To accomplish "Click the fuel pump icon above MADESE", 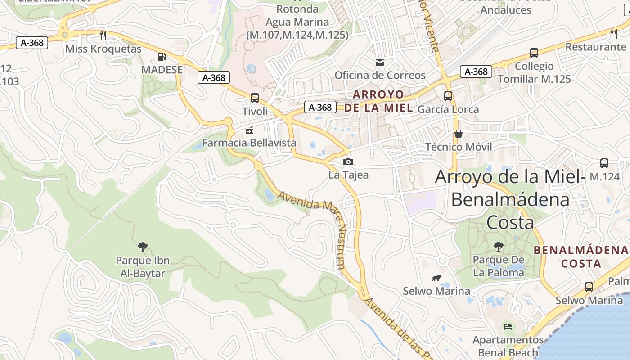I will pyautogui.click(x=162, y=57).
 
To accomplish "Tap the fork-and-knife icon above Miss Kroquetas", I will pyautogui.click(x=103, y=36).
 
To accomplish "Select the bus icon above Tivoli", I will pyautogui.click(x=255, y=98).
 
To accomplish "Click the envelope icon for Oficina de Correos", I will pyautogui.click(x=380, y=62).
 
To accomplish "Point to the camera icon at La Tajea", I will pyautogui.click(x=348, y=162).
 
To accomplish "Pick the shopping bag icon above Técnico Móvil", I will pyautogui.click(x=458, y=134).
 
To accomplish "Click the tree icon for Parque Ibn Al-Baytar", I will pyautogui.click(x=143, y=247).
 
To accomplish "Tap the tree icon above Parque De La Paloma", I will pyautogui.click(x=498, y=246).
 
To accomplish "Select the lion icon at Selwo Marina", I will pyautogui.click(x=436, y=278).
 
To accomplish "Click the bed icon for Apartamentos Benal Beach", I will pyautogui.click(x=508, y=326).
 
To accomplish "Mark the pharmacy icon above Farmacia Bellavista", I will pyautogui.click(x=249, y=130).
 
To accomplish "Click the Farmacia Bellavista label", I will pyautogui.click(x=249, y=143).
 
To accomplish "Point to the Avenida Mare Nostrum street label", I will pyautogui.click(x=315, y=220).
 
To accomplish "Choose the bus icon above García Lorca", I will pyautogui.click(x=448, y=96).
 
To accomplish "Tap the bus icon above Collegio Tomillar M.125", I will pyautogui.click(x=534, y=53).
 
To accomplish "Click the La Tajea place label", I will pyautogui.click(x=348, y=175).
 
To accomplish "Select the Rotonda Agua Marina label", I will pyautogui.click(x=297, y=22).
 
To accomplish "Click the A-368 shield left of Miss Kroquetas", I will pyautogui.click(x=32, y=43).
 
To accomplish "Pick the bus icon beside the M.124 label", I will pyautogui.click(x=604, y=163).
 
